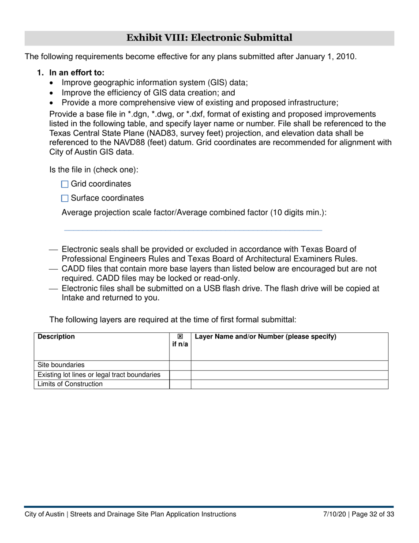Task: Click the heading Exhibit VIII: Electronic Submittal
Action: pos(209,38)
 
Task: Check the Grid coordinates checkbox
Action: pos(65,184)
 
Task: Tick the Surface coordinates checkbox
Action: pos(65,198)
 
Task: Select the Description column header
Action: pos(56,337)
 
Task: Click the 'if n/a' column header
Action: pos(180,340)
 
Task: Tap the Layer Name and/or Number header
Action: pos(266,337)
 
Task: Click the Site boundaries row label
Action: pos(61,365)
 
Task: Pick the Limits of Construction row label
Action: pos(70,384)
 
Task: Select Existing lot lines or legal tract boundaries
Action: pos(99,375)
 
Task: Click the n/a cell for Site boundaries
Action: pos(180,365)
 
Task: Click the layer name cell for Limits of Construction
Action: pos(289,384)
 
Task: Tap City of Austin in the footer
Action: pos(44,514)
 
